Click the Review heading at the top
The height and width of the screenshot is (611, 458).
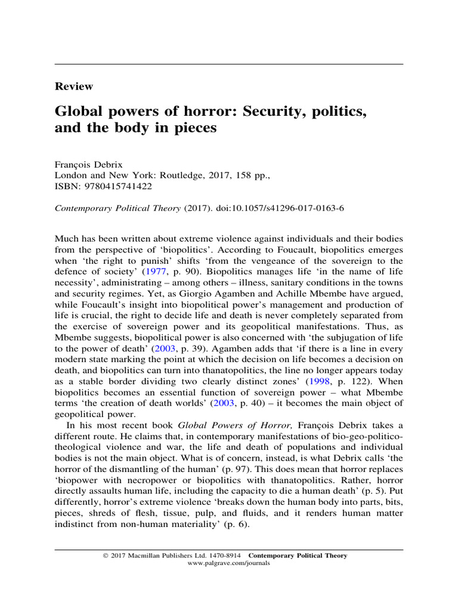74,87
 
